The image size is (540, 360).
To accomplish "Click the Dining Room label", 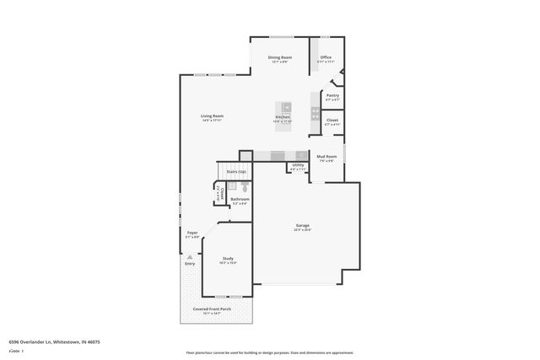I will tap(279, 57).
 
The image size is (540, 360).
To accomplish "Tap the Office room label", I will tap(326, 57).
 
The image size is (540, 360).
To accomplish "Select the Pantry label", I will tap(332, 95).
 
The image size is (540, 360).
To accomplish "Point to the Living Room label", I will tap(212, 116).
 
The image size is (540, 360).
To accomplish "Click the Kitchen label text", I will tap(282, 117).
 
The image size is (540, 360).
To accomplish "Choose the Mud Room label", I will tap(327, 156).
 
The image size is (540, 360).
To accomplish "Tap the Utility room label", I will tap(298, 165).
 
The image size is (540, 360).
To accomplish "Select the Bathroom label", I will tap(240, 199).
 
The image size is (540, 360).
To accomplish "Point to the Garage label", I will tap(302, 225).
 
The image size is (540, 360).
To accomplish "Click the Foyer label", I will tap(192, 232).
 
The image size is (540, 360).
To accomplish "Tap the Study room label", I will tap(228, 258).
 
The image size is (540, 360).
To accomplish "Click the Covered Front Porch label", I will tap(213, 309).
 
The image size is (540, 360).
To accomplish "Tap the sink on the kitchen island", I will tap(286, 107).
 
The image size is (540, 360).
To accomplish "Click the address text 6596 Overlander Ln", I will tap(54, 342).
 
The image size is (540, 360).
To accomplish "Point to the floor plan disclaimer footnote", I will tap(270, 353).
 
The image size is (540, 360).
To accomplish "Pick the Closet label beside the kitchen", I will tap(332, 121).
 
